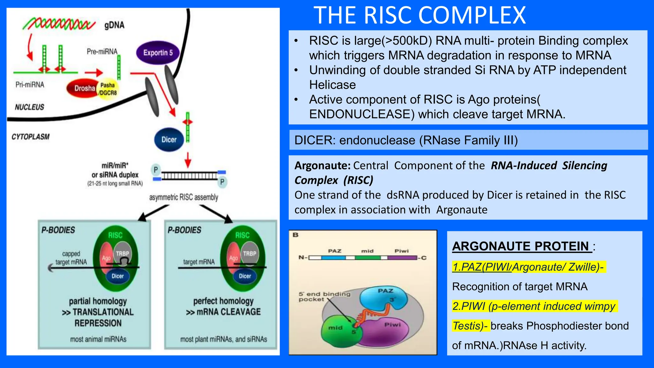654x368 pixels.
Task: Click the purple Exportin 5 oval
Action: click(158, 53)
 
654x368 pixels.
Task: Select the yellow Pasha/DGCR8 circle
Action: click(108, 89)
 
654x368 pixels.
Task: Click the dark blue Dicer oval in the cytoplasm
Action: click(169, 140)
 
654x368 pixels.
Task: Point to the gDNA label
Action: click(114, 25)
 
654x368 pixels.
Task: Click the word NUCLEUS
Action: click(29, 107)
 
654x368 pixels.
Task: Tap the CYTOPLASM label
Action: click(31, 137)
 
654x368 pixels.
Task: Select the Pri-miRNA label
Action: click(30, 85)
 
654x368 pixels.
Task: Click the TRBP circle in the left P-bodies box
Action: click(122, 254)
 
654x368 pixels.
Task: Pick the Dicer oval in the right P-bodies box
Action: click(245, 276)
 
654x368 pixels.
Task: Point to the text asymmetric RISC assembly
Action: click(184, 197)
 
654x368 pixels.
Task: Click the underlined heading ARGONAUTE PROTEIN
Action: click(522, 246)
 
